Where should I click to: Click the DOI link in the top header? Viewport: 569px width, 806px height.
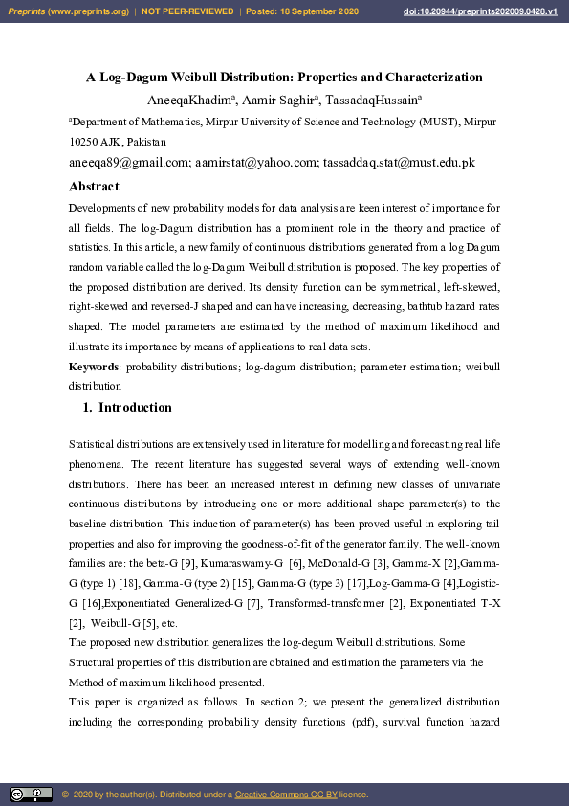[x=493, y=11]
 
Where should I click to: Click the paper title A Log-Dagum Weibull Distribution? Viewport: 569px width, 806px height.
[x=284, y=78]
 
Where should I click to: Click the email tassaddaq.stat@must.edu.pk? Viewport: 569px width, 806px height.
[x=400, y=163]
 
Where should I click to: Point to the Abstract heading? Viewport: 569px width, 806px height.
[x=94, y=187]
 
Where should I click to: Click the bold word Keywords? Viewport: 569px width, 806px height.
[x=94, y=368]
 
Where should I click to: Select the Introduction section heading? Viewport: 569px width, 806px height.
[x=135, y=408]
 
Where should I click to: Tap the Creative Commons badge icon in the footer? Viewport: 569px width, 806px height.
[x=31, y=795]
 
